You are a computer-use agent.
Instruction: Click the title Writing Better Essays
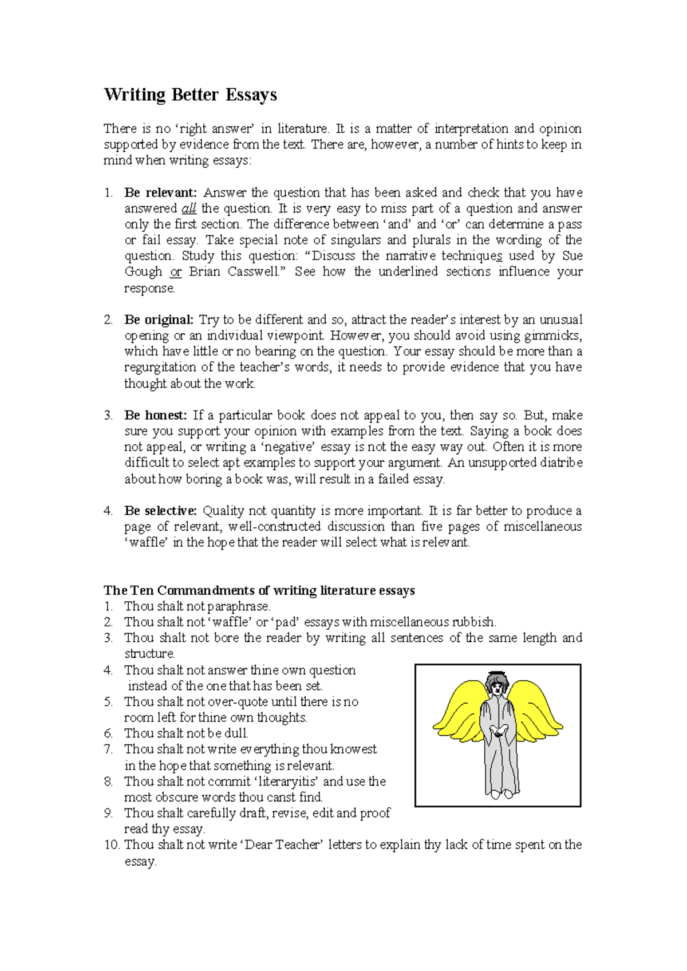point(190,95)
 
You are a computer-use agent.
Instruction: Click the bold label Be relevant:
point(160,192)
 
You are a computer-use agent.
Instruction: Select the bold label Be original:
point(159,319)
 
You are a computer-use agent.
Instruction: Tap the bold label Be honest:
point(155,415)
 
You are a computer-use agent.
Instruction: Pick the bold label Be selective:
point(160,511)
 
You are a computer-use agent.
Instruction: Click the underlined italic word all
point(188,208)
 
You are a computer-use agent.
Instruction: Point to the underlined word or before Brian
point(176,272)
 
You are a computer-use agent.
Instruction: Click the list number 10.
point(112,844)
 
